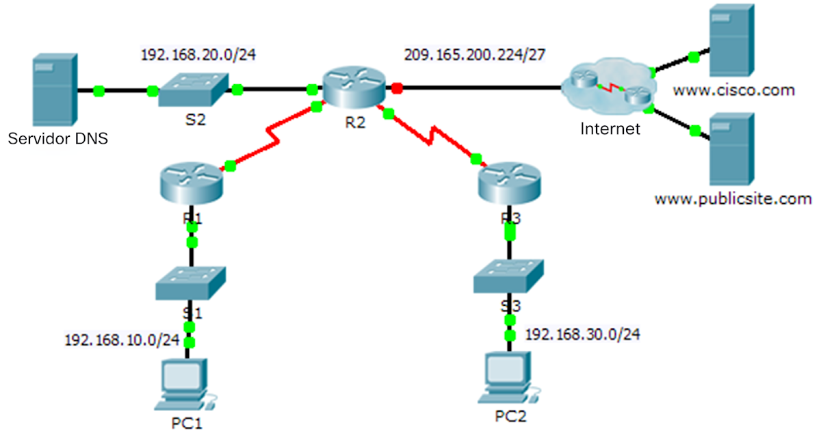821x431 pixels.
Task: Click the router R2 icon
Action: [354, 87]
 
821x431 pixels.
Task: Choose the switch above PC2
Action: [509, 277]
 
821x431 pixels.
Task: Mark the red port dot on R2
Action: [397, 88]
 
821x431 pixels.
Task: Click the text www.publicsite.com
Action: [733, 200]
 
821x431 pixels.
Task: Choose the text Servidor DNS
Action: [58, 140]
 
